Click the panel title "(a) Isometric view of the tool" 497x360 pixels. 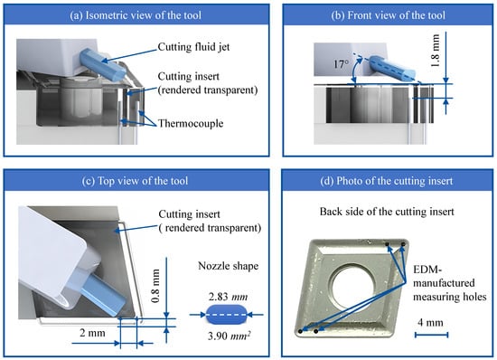point(136,15)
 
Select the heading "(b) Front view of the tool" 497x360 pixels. point(388,15)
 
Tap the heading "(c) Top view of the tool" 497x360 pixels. point(135,181)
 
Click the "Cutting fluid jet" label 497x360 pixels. point(193,47)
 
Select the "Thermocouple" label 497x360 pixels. point(191,123)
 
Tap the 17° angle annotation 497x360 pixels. point(341,64)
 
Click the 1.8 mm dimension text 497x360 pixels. point(436,51)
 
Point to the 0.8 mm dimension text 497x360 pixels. point(155,286)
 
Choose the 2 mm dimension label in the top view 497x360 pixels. point(92,333)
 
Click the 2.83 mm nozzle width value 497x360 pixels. point(229,297)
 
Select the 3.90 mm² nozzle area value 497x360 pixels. point(229,336)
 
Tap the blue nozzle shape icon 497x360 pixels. point(226,315)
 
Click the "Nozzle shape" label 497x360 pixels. point(229,266)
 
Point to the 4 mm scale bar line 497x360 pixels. point(431,335)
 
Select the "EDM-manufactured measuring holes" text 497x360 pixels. point(450,283)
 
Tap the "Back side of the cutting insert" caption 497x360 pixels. point(387,212)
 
